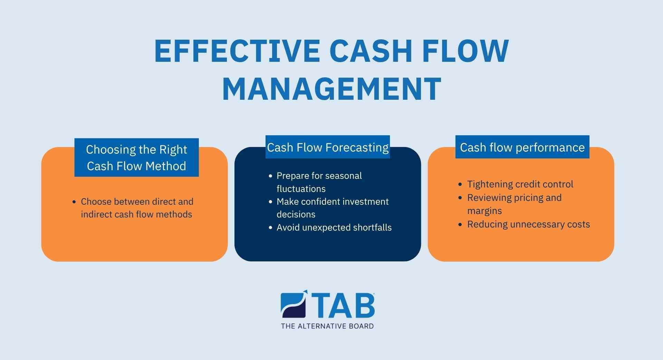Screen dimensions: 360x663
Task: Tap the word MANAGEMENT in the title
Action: click(332, 89)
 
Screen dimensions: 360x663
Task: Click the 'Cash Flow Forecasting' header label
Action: click(328, 147)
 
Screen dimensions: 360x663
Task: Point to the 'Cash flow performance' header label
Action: click(522, 147)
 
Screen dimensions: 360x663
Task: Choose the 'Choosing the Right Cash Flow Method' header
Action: click(136, 158)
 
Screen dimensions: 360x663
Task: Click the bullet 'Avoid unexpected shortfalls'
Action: click(334, 227)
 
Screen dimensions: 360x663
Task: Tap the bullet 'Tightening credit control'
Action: click(520, 184)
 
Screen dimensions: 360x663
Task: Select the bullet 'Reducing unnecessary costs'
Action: click(528, 224)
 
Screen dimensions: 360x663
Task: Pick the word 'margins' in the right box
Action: click(484, 211)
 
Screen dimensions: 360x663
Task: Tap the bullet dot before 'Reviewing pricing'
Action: click(460, 198)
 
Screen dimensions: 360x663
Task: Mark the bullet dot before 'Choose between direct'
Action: click(74, 202)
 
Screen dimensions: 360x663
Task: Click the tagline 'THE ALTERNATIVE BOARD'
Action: click(327, 326)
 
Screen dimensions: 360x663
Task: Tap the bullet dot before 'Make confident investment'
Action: click(270, 202)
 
